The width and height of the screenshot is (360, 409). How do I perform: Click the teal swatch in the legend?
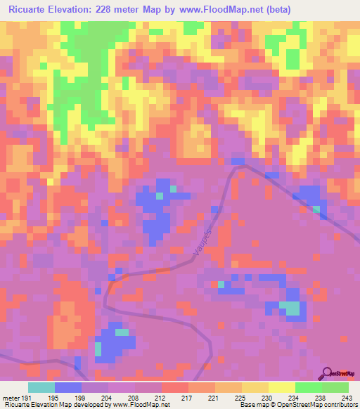[41, 387]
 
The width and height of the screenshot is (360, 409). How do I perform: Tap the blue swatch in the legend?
[68, 387]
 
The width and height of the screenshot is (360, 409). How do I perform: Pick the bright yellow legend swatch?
[282, 387]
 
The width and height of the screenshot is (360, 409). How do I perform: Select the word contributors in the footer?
[338, 405]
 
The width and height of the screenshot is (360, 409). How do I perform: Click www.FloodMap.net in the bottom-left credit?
[144, 405]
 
